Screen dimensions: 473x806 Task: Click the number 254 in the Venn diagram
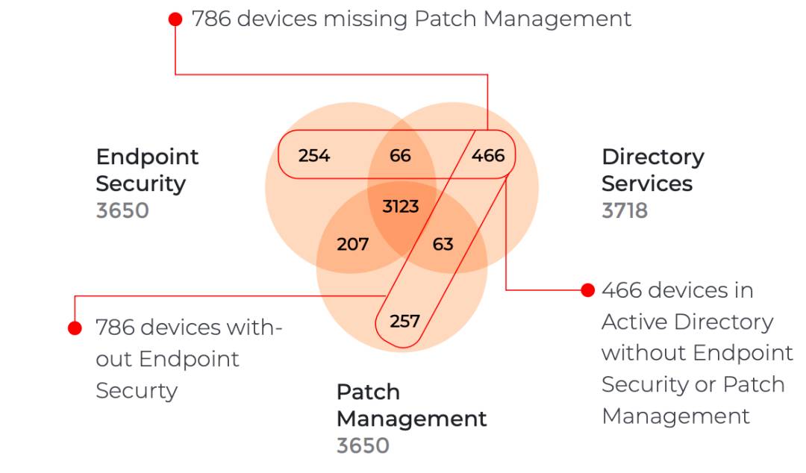pyautogui.click(x=313, y=156)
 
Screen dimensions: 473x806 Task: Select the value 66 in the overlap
pyautogui.click(x=401, y=156)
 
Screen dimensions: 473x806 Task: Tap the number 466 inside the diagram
pyautogui.click(x=488, y=156)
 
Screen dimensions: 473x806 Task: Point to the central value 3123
pyautogui.click(x=401, y=206)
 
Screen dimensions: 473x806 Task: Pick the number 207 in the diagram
pyautogui.click(x=352, y=244)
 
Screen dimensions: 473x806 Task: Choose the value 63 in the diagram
pyautogui.click(x=443, y=244)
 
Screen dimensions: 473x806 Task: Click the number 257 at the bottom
pyautogui.click(x=404, y=322)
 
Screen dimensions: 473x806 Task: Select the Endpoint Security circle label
pyautogui.click(x=148, y=170)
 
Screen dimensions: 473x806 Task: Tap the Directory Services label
pyautogui.click(x=652, y=170)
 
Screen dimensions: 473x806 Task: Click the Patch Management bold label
pyautogui.click(x=411, y=405)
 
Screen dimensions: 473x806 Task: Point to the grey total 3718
pyautogui.click(x=625, y=210)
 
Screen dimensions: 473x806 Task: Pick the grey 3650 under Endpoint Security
pyautogui.click(x=122, y=210)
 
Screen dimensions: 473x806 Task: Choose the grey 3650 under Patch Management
pyautogui.click(x=363, y=445)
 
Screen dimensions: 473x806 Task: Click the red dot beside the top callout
pyautogui.click(x=175, y=19)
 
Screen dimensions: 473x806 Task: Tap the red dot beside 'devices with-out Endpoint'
pyautogui.click(x=75, y=328)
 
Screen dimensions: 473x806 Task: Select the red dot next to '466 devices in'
pyautogui.click(x=587, y=289)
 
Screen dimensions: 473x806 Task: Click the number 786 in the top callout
pyautogui.click(x=211, y=19)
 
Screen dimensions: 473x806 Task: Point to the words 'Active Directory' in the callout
pyautogui.click(x=687, y=322)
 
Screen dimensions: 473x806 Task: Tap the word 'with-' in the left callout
pyautogui.click(x=252, y=328)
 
